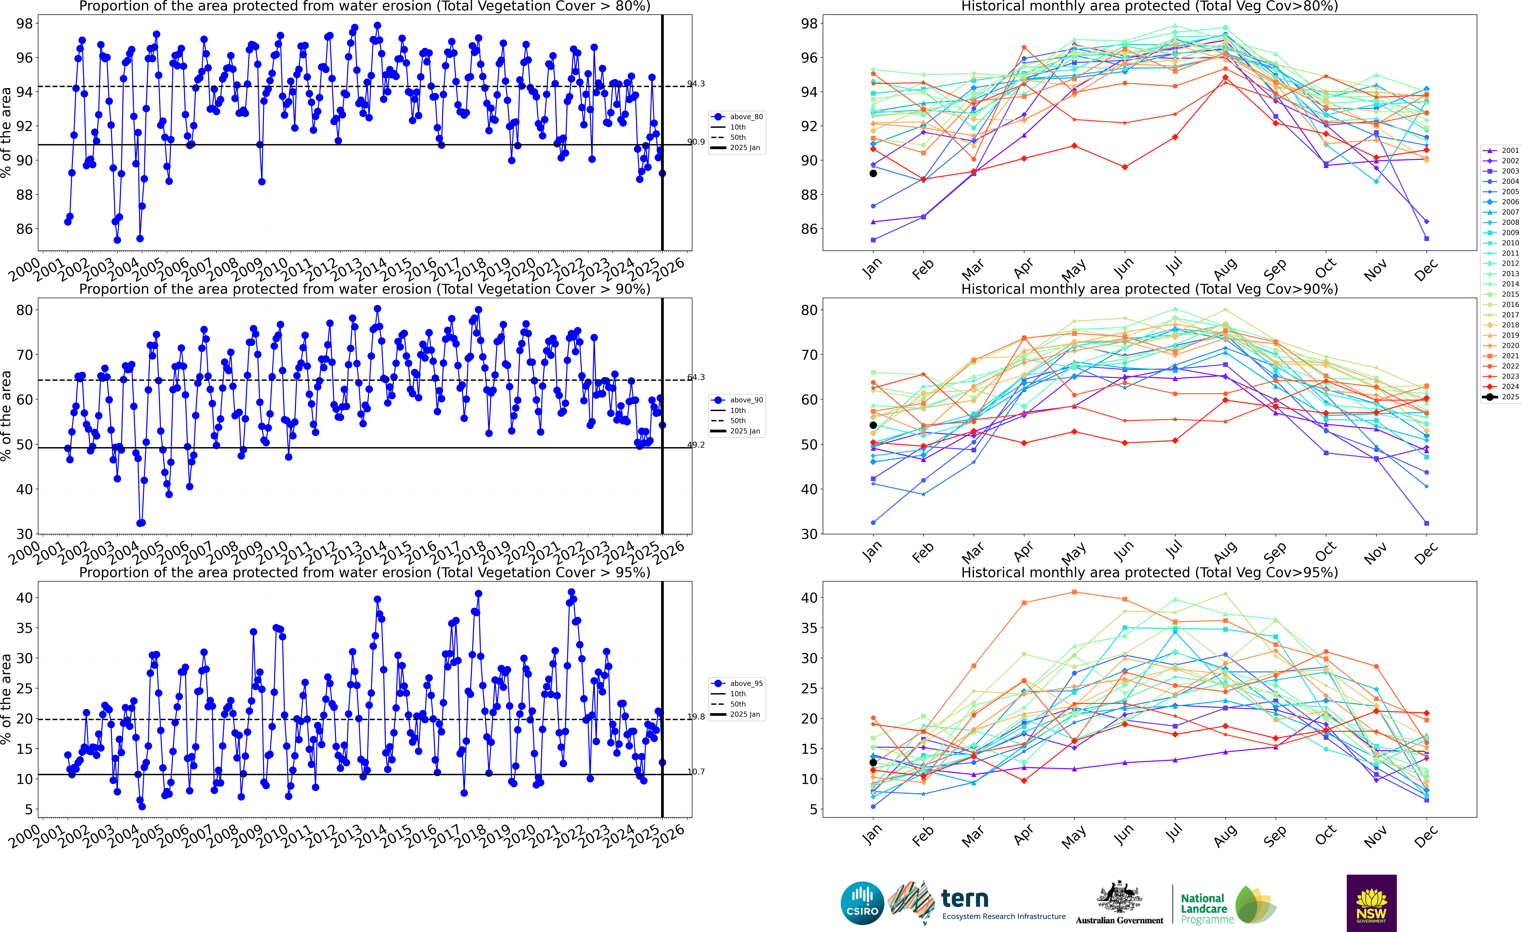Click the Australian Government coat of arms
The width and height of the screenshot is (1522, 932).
[1119, 897]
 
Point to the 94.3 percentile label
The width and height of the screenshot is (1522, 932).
[696, 83]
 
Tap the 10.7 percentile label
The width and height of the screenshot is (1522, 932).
[696, 771]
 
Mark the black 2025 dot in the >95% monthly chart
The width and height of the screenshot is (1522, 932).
[873, 762]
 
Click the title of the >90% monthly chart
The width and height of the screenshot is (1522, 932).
[1150, 289]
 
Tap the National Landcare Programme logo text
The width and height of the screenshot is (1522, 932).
[1203, 908]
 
